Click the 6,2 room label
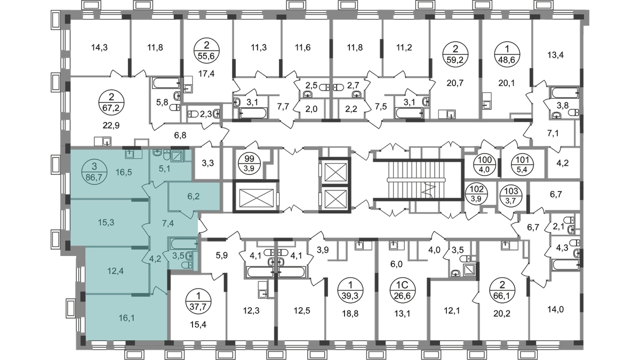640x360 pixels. pyautogui.click(x=193, y=196)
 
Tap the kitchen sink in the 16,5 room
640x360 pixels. pyautogui.click(x=129, y=154)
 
